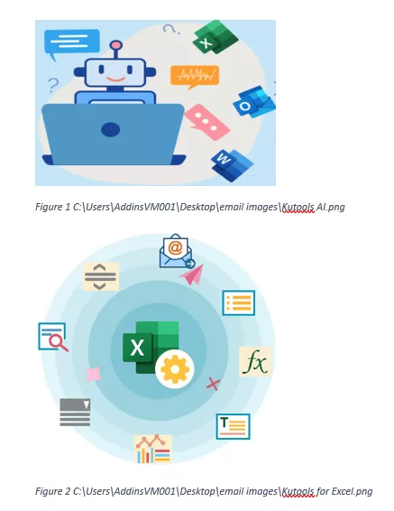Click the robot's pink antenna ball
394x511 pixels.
click(116, 45)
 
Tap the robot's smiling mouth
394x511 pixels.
click(115, 79)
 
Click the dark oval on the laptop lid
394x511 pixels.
click(111, 129)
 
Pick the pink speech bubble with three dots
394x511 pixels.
click(206, 122)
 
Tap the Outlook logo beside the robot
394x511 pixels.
click(254, 102)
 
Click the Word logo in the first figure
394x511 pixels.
click(232, 165)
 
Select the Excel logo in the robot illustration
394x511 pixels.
click(215, 36)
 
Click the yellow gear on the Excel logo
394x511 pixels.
click(175, 369)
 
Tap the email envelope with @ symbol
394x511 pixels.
click(177, 251)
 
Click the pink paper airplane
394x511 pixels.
click(192, 274)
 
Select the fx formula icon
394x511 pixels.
click(255, 362)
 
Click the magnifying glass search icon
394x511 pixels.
click(53, 337)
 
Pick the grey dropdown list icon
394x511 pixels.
click(75, 413)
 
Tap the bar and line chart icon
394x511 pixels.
click(153, 449)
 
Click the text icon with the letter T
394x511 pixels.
click(233, 427)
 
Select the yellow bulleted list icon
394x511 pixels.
click(239, 303)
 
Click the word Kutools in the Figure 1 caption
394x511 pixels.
click(298, 207)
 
